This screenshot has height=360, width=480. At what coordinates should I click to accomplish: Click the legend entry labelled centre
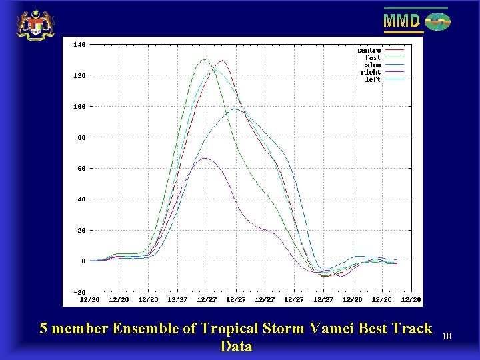[369, 51]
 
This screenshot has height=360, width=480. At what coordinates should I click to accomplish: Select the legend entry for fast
[373, 58]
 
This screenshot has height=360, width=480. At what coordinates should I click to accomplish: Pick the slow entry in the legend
[373, 65]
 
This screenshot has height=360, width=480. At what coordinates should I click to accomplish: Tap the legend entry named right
[371, 73]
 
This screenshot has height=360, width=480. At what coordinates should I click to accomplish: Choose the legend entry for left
[373, 80]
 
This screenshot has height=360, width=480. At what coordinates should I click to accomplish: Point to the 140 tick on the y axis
[79, 45]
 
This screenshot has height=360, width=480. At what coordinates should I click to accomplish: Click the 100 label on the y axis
[79, 107]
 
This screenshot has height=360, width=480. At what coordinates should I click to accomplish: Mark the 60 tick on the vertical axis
[80, 169]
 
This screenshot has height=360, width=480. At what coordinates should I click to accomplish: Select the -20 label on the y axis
[79, 292]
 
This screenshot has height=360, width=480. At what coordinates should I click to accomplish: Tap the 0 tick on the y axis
[83, 261]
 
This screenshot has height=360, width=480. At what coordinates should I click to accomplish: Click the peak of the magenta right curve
[205, 158]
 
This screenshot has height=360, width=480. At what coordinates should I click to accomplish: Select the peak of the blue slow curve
[235, 109]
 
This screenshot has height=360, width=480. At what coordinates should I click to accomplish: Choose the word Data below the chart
[236, 346]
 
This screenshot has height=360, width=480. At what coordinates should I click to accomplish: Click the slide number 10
[447, 337]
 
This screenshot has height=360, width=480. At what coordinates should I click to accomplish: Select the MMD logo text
[402, 21]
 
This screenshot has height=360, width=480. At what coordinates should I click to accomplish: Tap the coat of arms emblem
[35, 25]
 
